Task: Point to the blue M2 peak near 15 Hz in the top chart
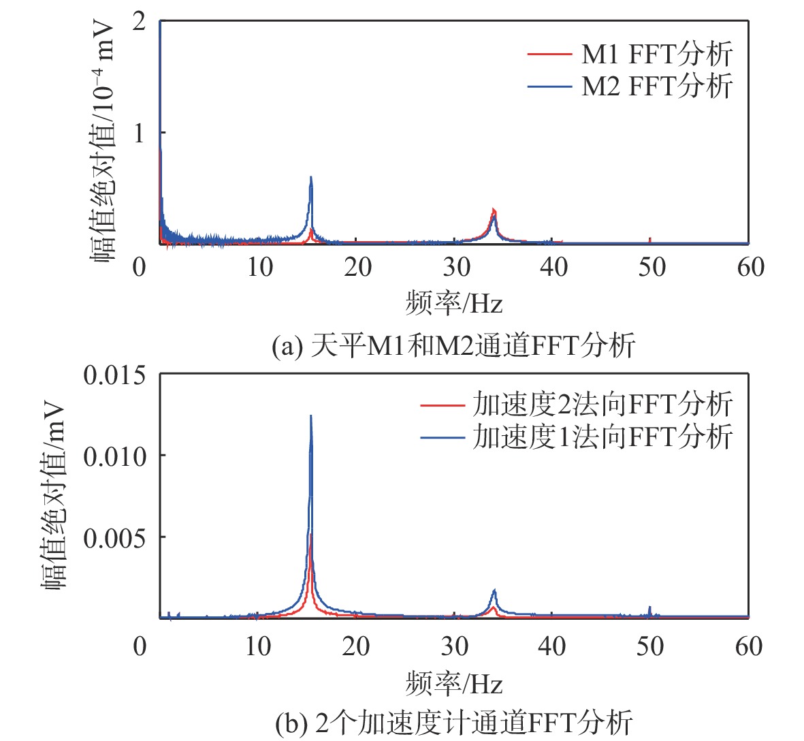(311, 178)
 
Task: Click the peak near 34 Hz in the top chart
(494, 211)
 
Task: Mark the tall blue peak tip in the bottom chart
(311, 417)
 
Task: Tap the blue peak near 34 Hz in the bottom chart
(494, 591)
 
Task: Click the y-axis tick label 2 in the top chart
(139, 22)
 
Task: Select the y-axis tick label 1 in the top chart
(139, 133)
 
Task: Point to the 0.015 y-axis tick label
(114, 375)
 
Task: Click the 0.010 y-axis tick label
(114, 456)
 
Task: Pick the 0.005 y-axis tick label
(114, 538)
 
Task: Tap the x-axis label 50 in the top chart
(652, 268)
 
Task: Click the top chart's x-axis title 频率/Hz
(453, 302)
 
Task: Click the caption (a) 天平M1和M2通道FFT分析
(453, 345)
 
